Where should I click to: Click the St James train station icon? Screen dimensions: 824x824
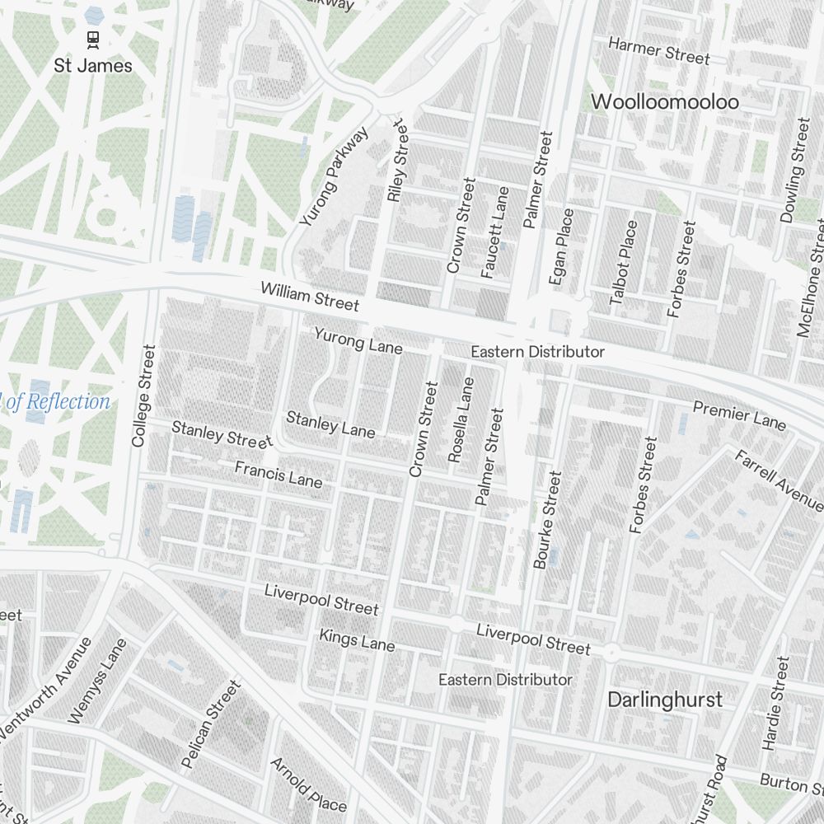coord(93,37)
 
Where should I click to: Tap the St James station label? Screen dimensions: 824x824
coord(93,65)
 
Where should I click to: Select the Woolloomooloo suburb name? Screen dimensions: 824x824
coord(665,102)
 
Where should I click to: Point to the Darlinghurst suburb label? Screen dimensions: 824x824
coord(664,700)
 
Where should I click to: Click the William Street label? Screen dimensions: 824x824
coord(310,297)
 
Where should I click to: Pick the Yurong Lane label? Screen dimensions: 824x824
coord(358,340)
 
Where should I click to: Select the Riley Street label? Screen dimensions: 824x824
coord(397,162)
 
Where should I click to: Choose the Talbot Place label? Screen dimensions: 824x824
coord(624,263)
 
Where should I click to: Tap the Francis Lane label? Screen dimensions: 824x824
coord(279,474)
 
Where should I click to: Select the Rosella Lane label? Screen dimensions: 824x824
coord(460,419)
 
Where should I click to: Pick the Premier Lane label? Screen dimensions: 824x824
coord(739,414)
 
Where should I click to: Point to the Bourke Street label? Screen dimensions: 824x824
coord(547,519)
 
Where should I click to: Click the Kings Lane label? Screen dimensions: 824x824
coord(357,639)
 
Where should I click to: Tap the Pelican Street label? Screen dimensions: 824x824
coord(212,724)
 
